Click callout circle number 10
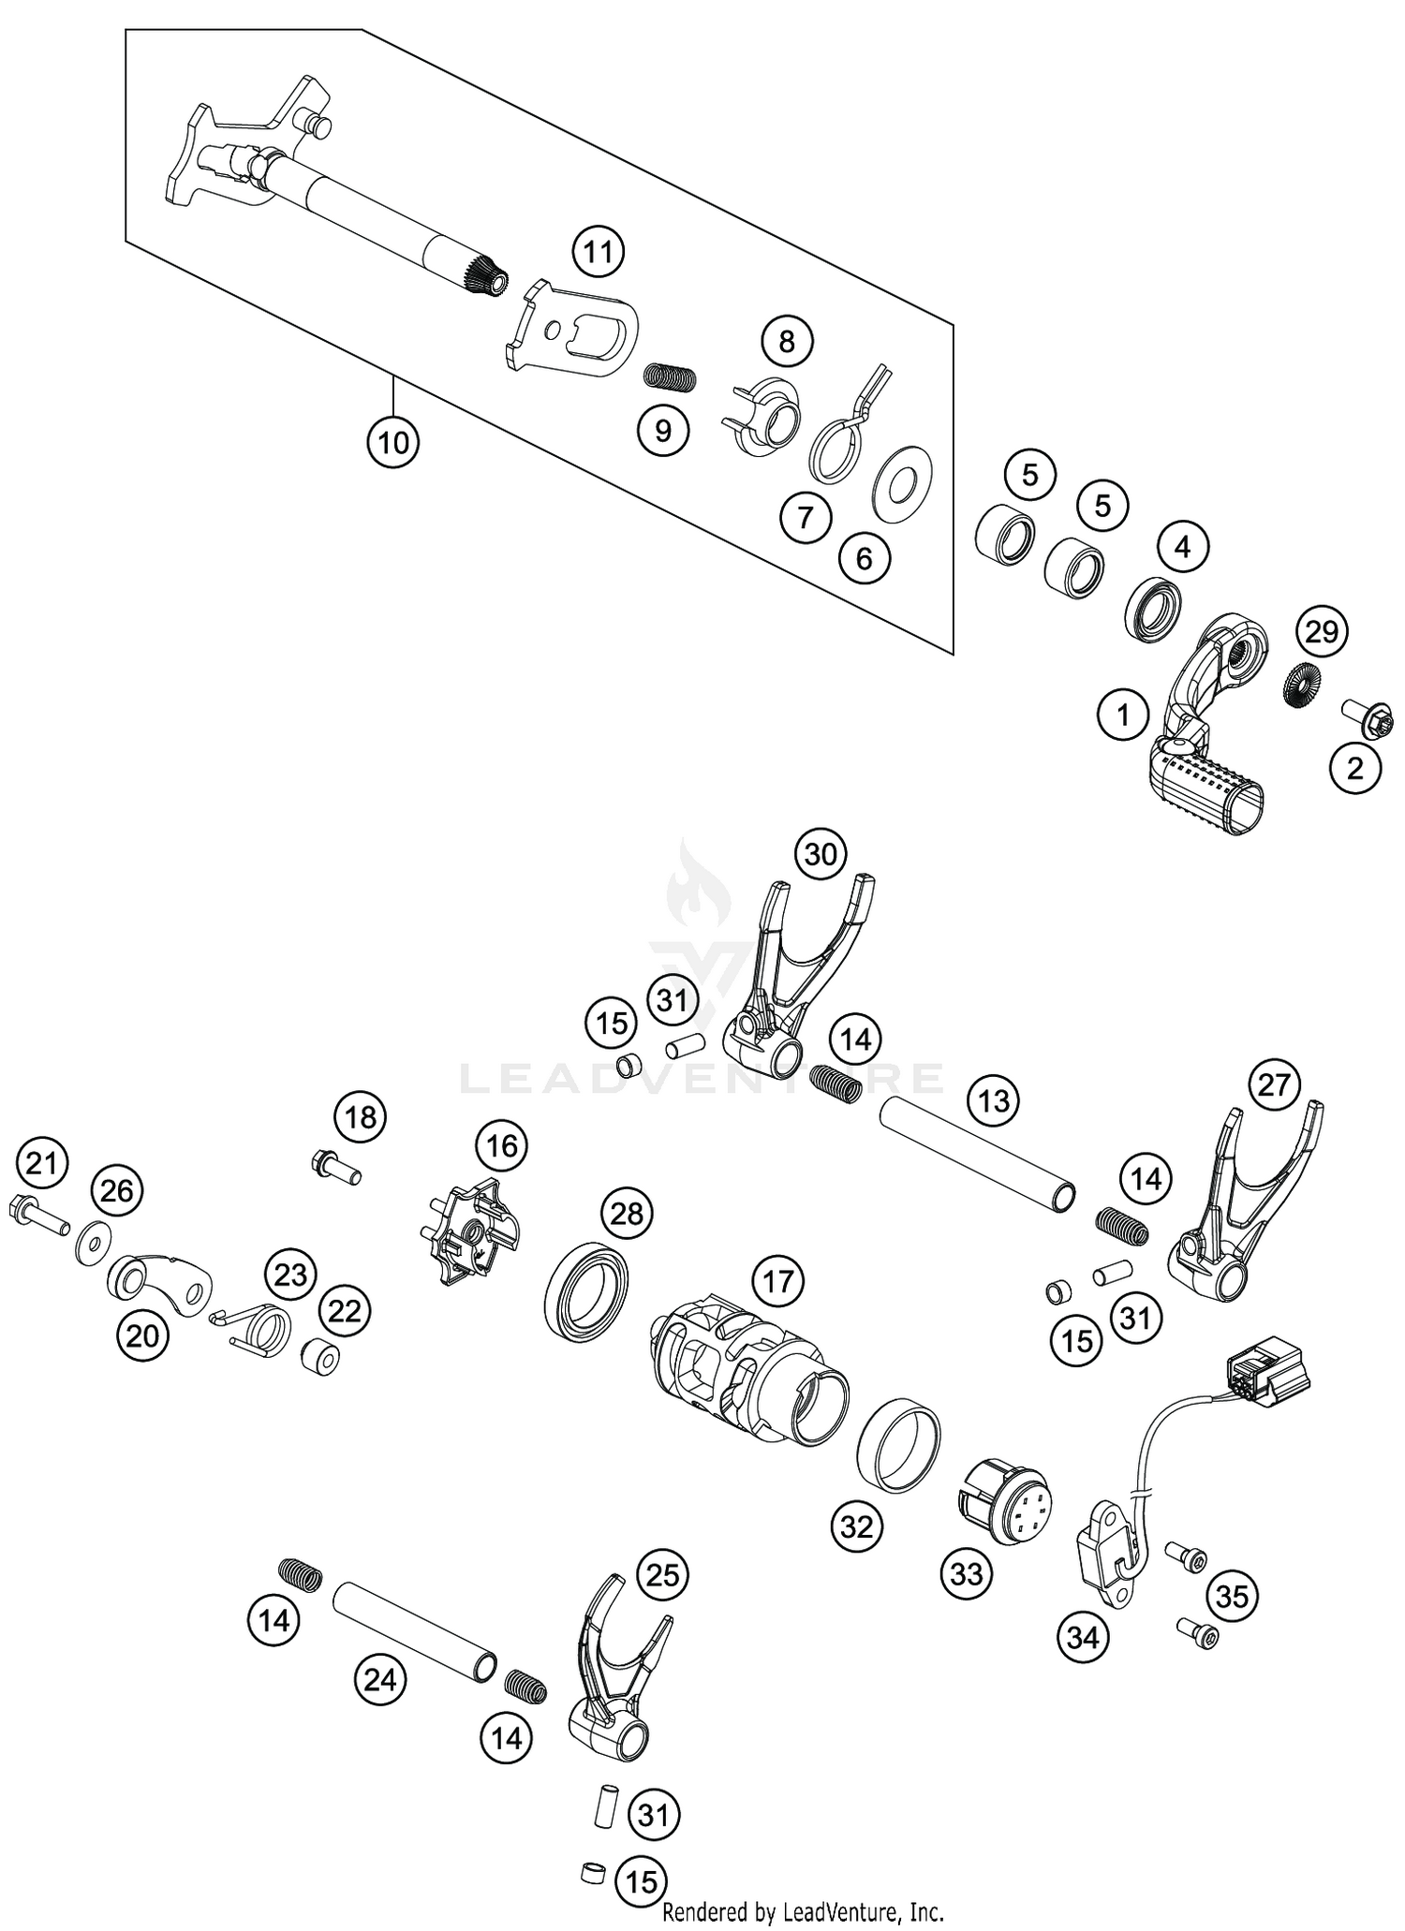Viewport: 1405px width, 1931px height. pyautogui.click(x=392, y=441)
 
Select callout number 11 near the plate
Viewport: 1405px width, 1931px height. pyautogui.click(x=599, y=252)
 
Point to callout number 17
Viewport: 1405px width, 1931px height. pyautogui.click(x=777, y=1281)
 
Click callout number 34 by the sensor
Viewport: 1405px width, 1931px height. pyautogui.click(x=1083, y=1637)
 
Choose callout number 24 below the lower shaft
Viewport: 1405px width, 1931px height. pyautogui.click(x=380, y=1680)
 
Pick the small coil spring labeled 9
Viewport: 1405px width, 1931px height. pyautogui.click(x=671, y=376)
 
